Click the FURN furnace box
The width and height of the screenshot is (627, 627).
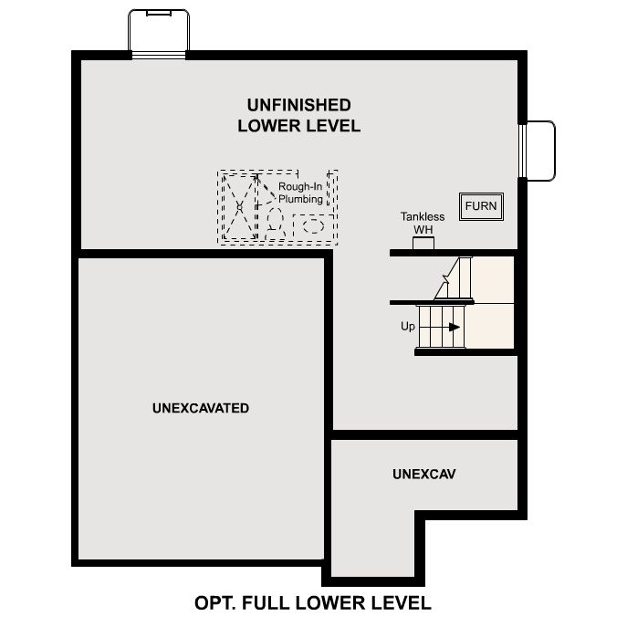pyautogui.click(x=481, y=206)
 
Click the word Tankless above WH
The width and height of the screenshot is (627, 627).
pyautogui.click(x=423, y=217)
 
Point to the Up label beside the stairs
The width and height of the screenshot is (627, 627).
pyautogui.click(x=408, y=326)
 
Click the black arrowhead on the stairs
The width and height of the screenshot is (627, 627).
pyautogui.click(x=455, y=326)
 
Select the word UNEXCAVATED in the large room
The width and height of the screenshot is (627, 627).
pyautogui.click(x=201, y=408)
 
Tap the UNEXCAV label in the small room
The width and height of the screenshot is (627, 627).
pyautogui.click(x=424, y=475)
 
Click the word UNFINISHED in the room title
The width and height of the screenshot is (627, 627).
pyautogui.click(x=298, y=106)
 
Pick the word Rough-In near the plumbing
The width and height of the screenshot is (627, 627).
pyautogui.click(x=298, y=187)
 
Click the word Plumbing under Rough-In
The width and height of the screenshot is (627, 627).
pyautogui.click(x=301, y=199)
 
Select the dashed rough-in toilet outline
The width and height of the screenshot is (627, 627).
pyautogui.click(x=274, y=220)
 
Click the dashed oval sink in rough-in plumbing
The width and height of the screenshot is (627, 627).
pyautogui.click(x=313, y=224)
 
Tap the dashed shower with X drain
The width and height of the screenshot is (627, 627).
pyautogui.click(x=239, y=207)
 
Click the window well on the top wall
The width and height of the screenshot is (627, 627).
pyautogui.click(x=159, y=32)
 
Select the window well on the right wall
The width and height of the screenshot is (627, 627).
pyautogui.click(x=539, y=149)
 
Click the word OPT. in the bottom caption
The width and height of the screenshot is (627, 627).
pyautogui.click(x=217, y=603)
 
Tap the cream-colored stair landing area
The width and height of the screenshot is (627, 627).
pyautogui.click(x=493, y=301)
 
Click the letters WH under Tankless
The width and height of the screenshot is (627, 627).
pyautogui.click(x=423, y=229)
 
